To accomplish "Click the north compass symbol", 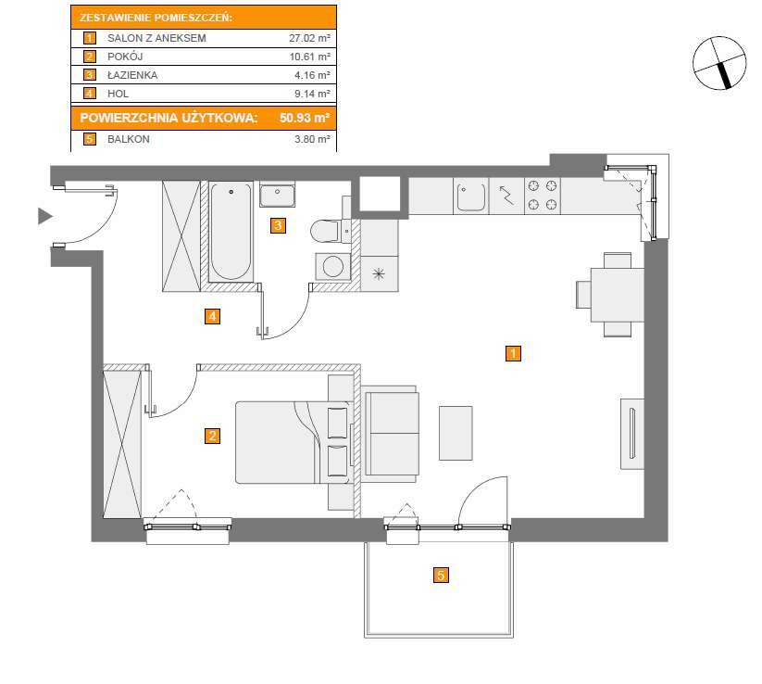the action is pos(719,63).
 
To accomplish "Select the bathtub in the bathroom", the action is pos(231,232).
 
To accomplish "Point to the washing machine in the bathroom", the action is pos(332,267).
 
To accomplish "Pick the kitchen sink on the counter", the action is pos(470,196).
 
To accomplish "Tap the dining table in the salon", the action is pos(617,294).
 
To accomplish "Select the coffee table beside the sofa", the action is pos(456,432).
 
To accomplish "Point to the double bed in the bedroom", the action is pos(291,442).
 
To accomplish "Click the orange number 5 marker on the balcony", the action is pos(441,575).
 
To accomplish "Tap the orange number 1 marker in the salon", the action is pos(512,353).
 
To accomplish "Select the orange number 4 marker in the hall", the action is pos(212,317).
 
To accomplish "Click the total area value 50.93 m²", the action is pos(305,118).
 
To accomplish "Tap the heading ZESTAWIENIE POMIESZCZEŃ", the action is pos(156,18).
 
